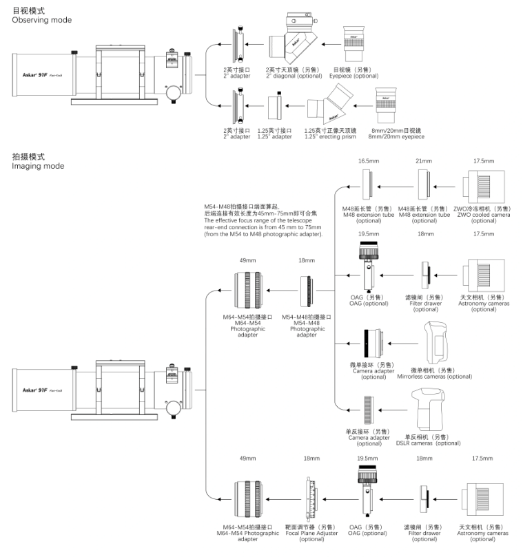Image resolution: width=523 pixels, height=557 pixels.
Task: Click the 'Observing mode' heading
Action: (x=41, y=20)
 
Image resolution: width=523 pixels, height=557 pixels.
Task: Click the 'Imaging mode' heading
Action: (x=38, y=166)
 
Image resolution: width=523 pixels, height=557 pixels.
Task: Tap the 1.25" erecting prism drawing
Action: (x=330, y=104)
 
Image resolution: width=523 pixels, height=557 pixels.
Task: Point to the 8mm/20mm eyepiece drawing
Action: (x=386, y=105)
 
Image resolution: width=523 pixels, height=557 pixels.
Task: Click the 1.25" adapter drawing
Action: (x=275, y=106)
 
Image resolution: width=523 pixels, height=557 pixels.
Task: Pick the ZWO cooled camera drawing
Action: (x=484, y=187)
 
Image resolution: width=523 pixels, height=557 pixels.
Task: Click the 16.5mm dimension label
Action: (x=369, y=161)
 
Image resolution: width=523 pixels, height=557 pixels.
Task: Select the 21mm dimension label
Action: (x=424, y=161)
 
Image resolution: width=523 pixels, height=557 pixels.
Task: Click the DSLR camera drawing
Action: (x=429, y=409)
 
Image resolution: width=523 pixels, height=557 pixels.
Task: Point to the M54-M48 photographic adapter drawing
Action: (x=307, y=291)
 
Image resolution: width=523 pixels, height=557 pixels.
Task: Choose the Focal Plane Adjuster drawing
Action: (x=311, y=499)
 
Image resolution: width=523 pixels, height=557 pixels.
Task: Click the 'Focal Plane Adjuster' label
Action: (x=312, y=533)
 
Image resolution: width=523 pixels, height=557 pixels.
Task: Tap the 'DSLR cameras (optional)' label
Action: (x=429, y=443)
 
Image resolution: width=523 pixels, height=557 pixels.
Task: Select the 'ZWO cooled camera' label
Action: (x=484, y=215)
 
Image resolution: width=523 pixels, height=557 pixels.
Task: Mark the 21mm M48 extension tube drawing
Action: (x=424, y=185)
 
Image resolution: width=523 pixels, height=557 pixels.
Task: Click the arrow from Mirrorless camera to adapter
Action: (x=403, y=344)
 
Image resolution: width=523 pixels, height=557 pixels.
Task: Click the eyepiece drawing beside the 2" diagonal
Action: (x=353, y=43)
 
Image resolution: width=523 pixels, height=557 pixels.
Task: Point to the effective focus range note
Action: (x=263, y=220)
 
